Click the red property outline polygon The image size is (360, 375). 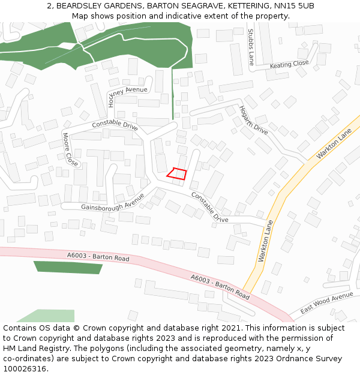pyautogui.click(x=176, y=173)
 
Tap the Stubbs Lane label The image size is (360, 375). pyautogui.click(x=251, y=47)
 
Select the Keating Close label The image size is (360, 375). pyautogui.click(x=289, y=64)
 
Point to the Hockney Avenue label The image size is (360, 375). pyautogui.click(x=127, y=91)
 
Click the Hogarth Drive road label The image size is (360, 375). pyautogui.click(x=253, y=120)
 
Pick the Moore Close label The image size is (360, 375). pyautogui.click(x=70, y=149)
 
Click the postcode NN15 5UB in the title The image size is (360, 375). pyautogui.click(x=294, y=6)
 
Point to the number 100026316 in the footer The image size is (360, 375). pyautogui.click(x=24, y=368)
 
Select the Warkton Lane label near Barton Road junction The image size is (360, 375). pyautogui.click(x=265, y=240)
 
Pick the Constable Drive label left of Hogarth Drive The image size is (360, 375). pyautogui.click(x=115, y=125)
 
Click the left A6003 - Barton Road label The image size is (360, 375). pyautogui.click(x=98, y=257)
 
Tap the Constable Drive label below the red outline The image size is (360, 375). pyautogui.click(x=210, y=208)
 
